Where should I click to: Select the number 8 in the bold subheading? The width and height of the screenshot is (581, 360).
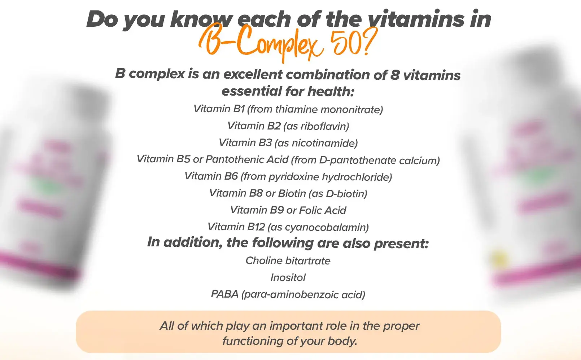tap(395, 75)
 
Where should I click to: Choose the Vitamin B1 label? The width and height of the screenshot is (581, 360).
tap(219, 109)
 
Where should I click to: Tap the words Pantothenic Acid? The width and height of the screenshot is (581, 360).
tap(247, 159)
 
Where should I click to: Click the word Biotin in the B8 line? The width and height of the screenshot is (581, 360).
tap(292, 193)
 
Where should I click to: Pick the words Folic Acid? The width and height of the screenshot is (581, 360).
tap(323, 210)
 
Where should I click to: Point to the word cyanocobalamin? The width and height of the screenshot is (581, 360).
tap(325, 227)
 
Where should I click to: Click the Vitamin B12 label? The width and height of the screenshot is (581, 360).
tap(236, 227)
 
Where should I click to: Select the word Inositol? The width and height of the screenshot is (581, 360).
tap(288, 278)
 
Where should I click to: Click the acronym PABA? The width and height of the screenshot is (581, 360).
tap(224, 294)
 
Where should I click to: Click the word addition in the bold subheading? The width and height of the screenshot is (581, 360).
tap(191, 242)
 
